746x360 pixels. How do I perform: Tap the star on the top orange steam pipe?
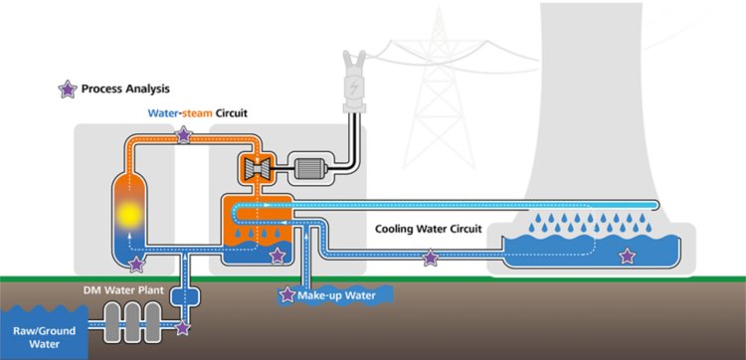(x=183, y=135)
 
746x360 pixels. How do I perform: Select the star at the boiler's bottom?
(x=136, y=263)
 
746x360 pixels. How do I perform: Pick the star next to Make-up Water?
(x=287, y=294)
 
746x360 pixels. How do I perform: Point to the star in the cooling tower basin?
(x=627, y=257)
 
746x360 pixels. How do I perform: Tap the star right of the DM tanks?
(x=183, y=325)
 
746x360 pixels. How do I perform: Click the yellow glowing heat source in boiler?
(x=129, y=213)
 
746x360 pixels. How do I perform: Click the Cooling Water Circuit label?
(x=428, y=229)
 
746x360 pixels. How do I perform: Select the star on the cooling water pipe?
(x=430, y=259)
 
